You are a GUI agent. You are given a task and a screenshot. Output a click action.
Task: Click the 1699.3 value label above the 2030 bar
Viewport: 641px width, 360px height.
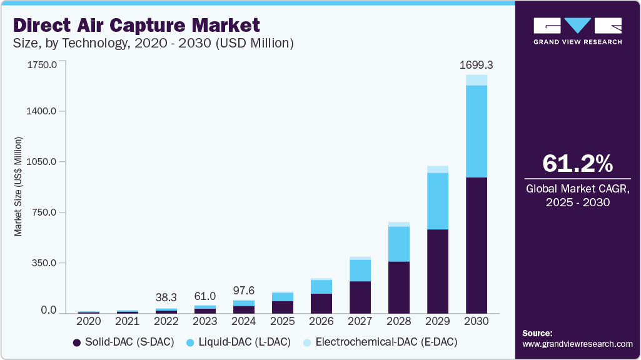[x=476, y=65]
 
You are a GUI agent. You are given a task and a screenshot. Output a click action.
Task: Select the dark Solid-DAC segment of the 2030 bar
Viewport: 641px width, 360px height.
[x=477, y=245]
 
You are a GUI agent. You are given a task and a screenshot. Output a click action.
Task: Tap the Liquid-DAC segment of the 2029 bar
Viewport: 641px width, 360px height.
[x=438, y=201]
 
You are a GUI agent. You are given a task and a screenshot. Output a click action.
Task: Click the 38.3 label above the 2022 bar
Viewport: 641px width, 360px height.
[x=166, y=297]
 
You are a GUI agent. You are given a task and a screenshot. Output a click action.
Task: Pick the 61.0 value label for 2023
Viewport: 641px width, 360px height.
[x=205, y=295]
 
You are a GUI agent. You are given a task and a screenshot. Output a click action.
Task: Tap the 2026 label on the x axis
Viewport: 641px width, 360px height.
[x=321, y=321]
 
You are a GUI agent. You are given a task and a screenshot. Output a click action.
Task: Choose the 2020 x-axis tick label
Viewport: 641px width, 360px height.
[x=89, y=321]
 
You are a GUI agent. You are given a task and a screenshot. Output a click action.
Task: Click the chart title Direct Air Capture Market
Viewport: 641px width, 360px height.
[x=136, y=26]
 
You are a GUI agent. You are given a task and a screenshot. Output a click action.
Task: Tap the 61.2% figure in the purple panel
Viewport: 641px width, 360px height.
[x=577, y=164]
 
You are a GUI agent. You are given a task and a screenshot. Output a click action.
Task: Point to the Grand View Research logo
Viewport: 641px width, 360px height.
[x=577, y=31]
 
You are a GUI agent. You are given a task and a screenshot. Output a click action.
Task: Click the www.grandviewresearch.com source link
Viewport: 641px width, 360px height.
[x=577, y=344]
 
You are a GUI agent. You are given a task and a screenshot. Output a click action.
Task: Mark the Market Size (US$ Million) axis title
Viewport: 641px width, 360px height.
[x=18, y=186]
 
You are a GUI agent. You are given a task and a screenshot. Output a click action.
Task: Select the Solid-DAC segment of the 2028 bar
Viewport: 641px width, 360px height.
[x=399, y=287]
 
